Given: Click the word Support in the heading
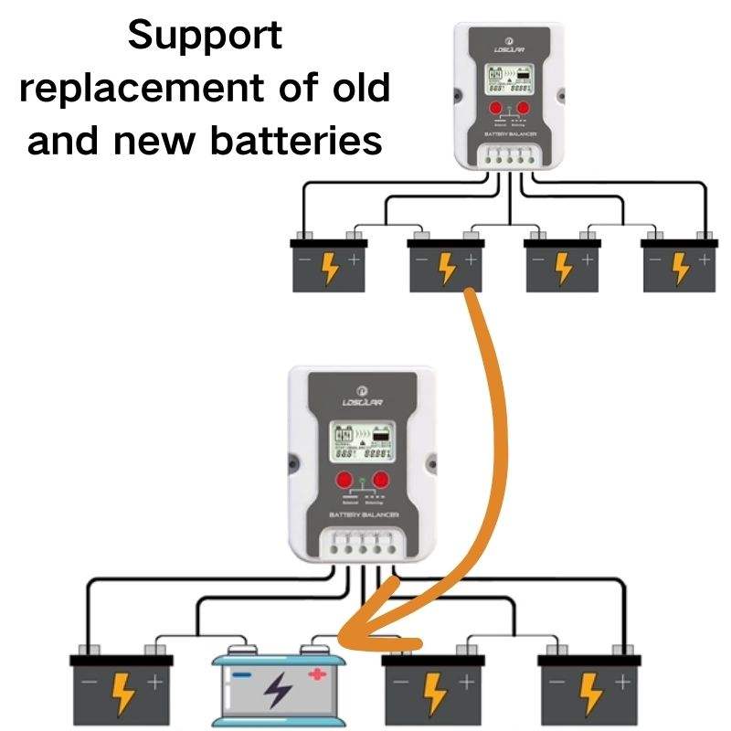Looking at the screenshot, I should coord(205,37).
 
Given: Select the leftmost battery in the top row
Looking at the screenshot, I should coord(328,265).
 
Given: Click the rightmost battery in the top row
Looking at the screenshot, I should coord(678,265).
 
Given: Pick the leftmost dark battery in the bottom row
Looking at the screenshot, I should coord(122,685).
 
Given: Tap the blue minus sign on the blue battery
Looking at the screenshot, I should coord(240,675).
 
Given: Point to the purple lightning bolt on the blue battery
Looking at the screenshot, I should coord(276,694).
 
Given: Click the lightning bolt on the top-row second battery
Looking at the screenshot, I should coord(446,267).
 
